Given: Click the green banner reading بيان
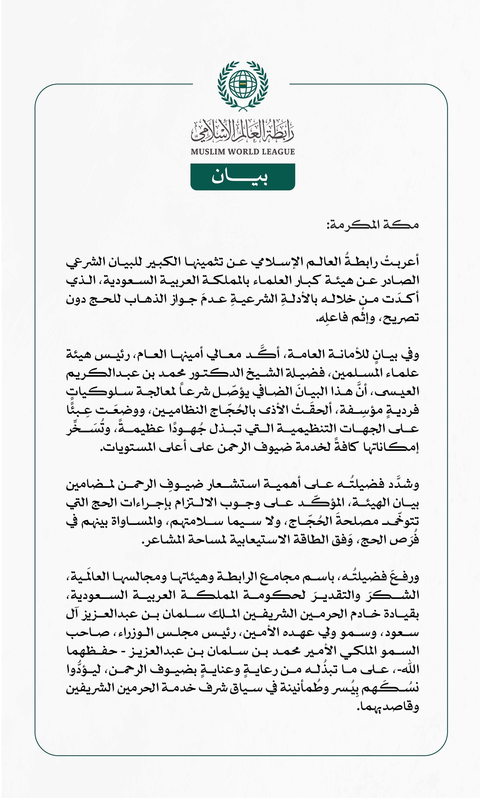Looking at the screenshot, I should pos(242,177).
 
